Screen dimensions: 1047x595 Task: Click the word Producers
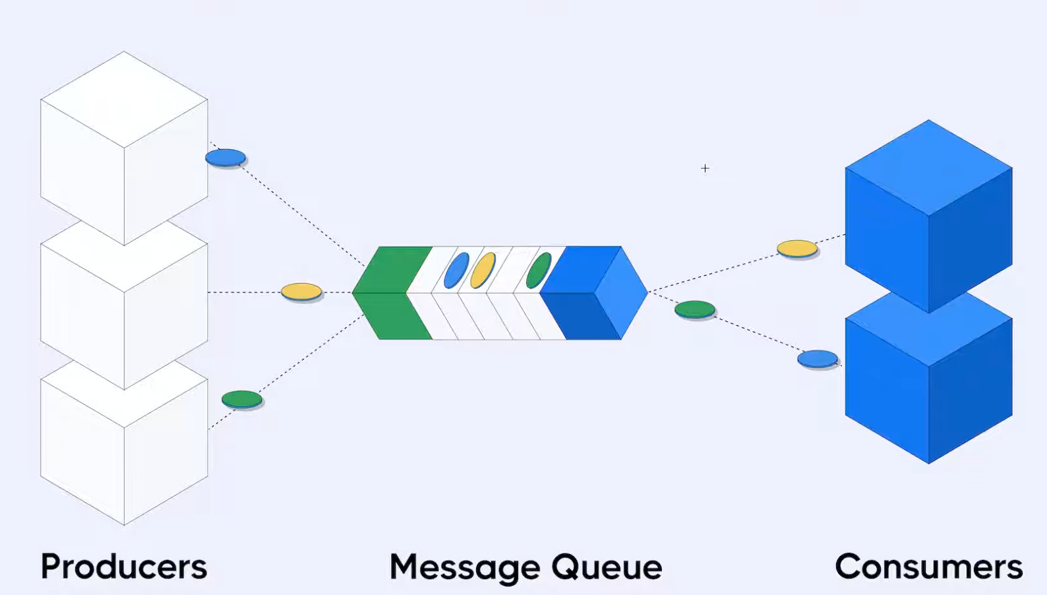point(124,567)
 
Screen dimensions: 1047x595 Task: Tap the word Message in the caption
point(465,567)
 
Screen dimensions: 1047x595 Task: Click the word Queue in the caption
point(607,567)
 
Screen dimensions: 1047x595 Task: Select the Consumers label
point(928,567)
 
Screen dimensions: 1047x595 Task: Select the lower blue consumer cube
point(928,389)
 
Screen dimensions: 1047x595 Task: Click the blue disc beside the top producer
point(225,158)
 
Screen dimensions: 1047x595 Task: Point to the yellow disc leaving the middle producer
point(301,292)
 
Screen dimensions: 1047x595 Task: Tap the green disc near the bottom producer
point(242,399)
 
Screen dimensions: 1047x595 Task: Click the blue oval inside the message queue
point(456,270)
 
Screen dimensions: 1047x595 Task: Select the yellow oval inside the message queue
point(483,270)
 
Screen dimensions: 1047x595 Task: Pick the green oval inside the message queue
point(539,270)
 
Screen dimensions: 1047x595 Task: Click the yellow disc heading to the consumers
point(797,249)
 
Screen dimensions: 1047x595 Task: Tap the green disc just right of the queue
point(695,309)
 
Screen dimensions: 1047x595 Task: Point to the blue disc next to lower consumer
point(818,359)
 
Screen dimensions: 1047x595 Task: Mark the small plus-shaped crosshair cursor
point(705,168)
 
